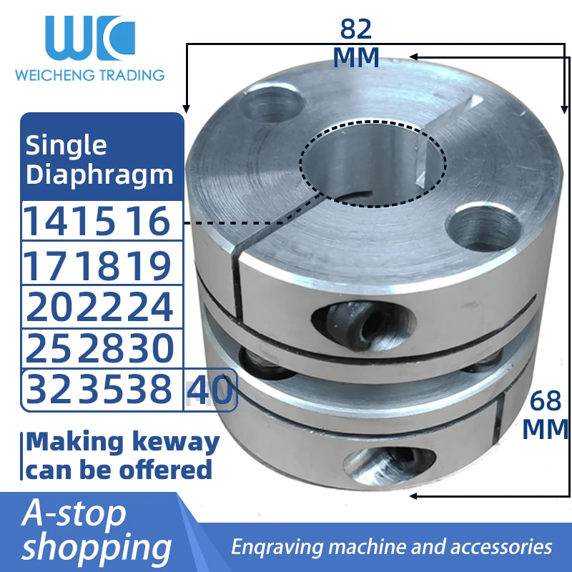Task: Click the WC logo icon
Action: coord(89,37)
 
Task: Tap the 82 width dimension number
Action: coord(356,29)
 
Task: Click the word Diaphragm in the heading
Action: coord(99,174)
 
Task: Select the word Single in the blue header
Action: coord(66,145)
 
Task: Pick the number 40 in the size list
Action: coord(211,390)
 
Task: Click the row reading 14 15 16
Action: coord(99,222)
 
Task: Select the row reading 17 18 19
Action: coord(99,265)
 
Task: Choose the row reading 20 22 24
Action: coord(99,307)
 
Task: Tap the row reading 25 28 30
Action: coord(99,348)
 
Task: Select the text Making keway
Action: coord(122,442)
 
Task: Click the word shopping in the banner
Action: coord(97,548)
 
